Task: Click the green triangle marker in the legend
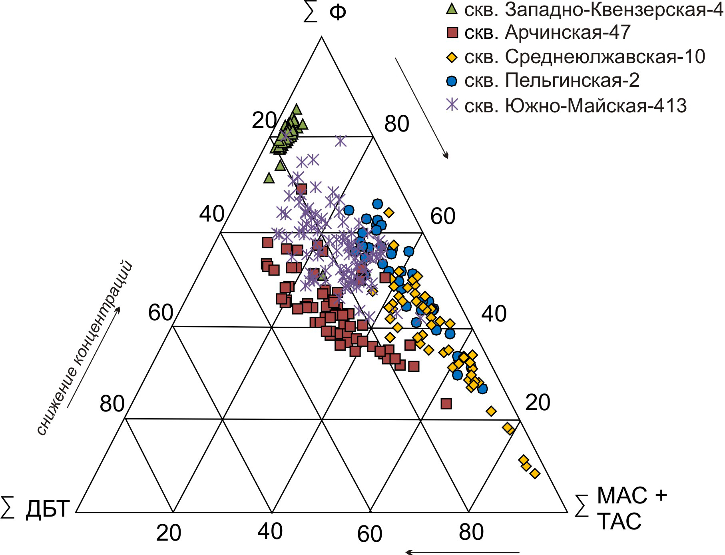click(452, 8)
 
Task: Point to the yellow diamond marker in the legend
click(452, 58)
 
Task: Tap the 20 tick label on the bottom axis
click(168, 533)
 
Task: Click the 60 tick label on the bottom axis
click(370, 534)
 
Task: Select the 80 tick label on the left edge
click(112, 404)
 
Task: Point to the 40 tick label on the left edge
click(211, 214)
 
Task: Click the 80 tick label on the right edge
click(396, 124)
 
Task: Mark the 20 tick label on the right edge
click(538, 402)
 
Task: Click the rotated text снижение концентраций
click(84, 348)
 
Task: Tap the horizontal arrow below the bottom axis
click(462, 552)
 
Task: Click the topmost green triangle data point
click(297, 109)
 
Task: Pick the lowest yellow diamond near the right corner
click(535, 474)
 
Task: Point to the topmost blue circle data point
click(377, 204)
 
